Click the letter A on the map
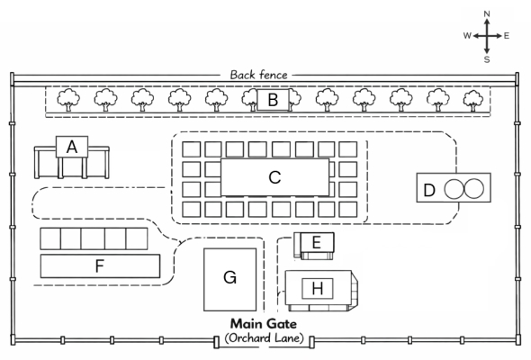[72, 148]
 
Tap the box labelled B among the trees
[273, 100]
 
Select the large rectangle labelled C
[275, 177]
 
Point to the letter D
[429, 190]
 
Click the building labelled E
[314, 246]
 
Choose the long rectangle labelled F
[100, 266]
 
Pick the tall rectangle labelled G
[229, 279]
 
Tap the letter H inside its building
[318, 289]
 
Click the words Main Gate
[264, 324]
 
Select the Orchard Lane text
[264, 338]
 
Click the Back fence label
[258, 75]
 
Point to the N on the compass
[487, 13]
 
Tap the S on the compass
[487, 59]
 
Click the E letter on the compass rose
[507, 36]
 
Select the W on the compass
[467, 36]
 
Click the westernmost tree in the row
[68, 100]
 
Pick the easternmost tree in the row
[473, 101]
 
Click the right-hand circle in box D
[473, 189]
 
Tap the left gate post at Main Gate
[216, 342]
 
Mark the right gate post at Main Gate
[312, 342]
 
